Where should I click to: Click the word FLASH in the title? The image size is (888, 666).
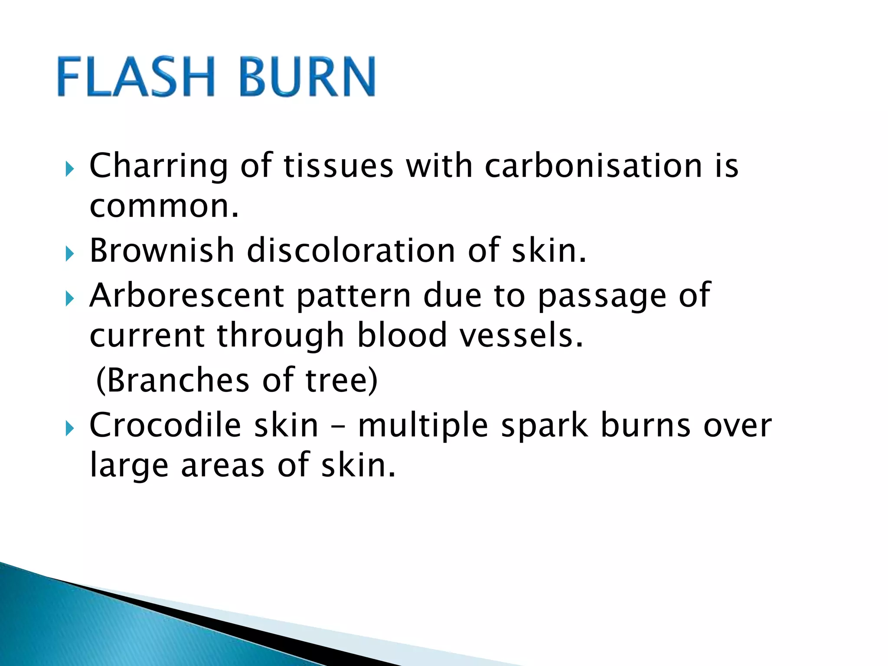point(135,77)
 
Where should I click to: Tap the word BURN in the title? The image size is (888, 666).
point(307,77)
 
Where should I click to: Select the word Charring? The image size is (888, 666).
point(159,166)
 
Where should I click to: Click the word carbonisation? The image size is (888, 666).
point(594,166)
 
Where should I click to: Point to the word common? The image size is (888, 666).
point(164,207)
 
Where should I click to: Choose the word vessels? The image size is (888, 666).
point(521,335)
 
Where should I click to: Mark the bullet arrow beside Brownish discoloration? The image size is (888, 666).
point(69,254)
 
